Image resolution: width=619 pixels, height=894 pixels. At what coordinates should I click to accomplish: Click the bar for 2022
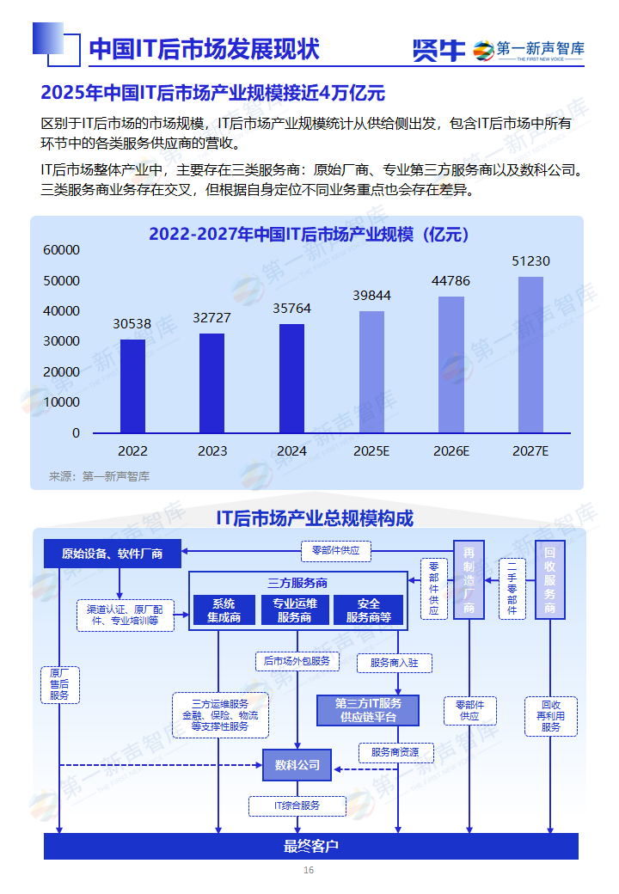click(132, 386)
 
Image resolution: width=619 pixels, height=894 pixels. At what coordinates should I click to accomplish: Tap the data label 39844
click(371, 296)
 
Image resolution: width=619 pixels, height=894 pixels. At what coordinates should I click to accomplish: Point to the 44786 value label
click(450, 281)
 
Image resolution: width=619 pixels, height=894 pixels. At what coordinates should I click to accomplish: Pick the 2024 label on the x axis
click(291, 450)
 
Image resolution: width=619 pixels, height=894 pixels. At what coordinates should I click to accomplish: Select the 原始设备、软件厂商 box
click(112, 554)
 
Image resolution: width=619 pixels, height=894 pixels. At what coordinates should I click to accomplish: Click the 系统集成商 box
click(224, 609)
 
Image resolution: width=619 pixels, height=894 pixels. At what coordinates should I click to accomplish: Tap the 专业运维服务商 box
click(295, 609)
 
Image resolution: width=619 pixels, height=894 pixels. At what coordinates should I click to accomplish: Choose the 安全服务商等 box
click(368, 609)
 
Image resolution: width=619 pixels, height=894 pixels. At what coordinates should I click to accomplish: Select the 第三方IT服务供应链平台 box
click(367, 710)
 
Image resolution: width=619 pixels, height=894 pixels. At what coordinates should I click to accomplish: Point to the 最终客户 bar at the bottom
click(311, 846)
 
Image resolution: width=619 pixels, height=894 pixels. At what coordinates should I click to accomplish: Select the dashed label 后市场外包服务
click(297, 661)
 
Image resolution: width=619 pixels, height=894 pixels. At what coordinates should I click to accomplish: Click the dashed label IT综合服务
click(297, 805)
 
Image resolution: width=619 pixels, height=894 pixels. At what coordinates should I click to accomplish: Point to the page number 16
click(309, 870)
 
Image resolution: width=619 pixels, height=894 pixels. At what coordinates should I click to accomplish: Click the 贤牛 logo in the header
click(438, 51)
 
